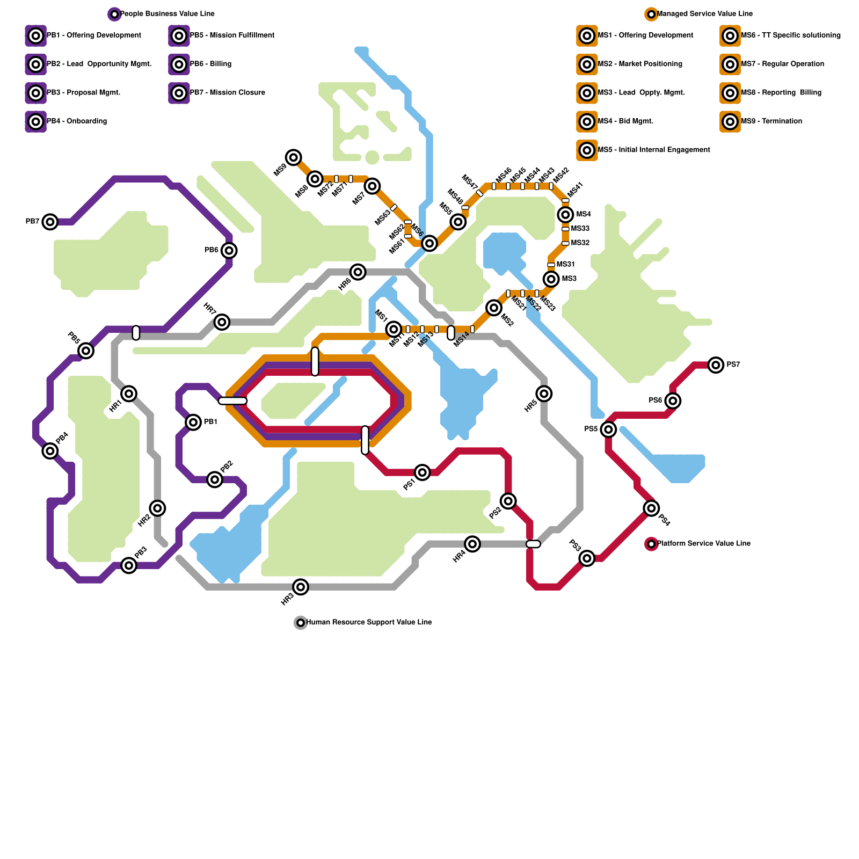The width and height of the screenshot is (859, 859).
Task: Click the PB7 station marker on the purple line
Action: click(x=50, y=221)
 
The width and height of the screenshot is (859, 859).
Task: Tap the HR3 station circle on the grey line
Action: click(x=301, y=587)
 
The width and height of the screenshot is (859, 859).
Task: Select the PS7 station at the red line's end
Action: click(x=716, y=365)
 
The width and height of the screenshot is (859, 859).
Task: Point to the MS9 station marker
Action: click(x=293, y=157)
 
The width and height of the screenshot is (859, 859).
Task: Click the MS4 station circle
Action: click(x=565, y=215)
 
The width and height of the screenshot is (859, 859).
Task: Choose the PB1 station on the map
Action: click(x=193, y=422)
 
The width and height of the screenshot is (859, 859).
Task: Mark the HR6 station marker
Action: click(x=358, y=272)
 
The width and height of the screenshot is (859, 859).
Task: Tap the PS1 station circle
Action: click(x=423, y=472)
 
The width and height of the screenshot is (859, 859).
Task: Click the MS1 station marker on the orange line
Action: click(x=394, y=329)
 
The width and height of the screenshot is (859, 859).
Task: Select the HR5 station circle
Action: click(x=544, y=394)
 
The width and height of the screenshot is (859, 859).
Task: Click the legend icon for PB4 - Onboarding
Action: click(x=35, y=121)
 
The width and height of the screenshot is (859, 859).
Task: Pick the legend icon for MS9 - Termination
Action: click(x=730, y=121)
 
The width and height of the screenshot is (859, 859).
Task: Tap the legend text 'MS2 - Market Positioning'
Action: click(x=640, y=64)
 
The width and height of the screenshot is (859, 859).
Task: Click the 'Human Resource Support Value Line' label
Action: click(x=369, y=622)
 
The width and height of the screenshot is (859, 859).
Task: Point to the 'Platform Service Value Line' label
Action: click(x=703, y=543)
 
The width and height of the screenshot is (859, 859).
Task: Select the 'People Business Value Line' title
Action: click(x=167, y=13)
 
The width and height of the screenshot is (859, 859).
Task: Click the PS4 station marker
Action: click(x=651, y=508)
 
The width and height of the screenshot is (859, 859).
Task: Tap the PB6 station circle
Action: click(x=229, y=250)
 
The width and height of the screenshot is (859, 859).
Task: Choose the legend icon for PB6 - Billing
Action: click(x=179, y=64)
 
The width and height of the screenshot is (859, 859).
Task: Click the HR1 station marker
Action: click(x=129, y=394)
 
